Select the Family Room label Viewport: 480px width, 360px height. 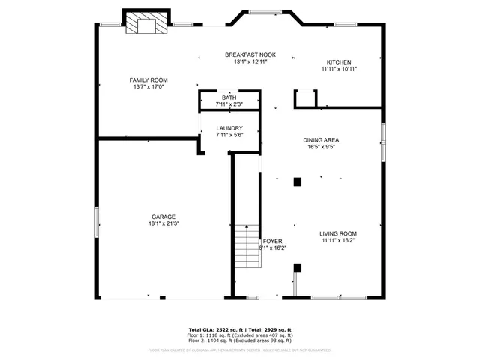148,80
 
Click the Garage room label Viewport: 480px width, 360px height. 163,217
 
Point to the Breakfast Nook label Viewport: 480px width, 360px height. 250,55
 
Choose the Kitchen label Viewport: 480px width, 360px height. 339,62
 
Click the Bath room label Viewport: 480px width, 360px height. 229,97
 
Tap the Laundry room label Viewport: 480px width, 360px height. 229,128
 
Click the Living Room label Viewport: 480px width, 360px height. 338,234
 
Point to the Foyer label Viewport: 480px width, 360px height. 272,241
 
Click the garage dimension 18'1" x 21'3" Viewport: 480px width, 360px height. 163,223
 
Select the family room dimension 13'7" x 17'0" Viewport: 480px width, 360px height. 148,87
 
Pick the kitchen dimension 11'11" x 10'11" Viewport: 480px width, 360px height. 339,69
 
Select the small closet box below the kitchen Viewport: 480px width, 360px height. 304,99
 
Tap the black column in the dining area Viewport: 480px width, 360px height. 298,181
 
